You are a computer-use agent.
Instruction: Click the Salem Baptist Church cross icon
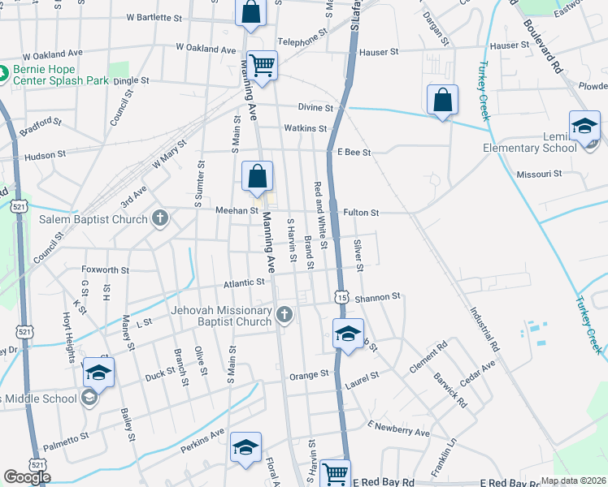click(161, 218)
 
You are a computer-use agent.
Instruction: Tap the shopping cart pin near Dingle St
click(262, 66)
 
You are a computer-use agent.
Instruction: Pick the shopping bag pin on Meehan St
click(257, 177)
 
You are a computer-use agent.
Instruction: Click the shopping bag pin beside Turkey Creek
click(442, 101)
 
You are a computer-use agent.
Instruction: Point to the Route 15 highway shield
click(341, 299)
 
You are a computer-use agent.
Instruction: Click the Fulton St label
click(362, 213)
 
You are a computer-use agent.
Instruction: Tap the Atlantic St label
click(245, 282)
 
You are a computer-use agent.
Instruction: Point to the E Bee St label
click(354, 152)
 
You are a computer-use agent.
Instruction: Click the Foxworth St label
click(106, 269)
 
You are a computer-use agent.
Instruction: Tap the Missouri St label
click(539, 174)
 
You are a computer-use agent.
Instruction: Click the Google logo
click(27, 477)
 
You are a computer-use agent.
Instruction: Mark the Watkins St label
click(305, 128)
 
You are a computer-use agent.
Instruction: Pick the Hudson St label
click(46, 155)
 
